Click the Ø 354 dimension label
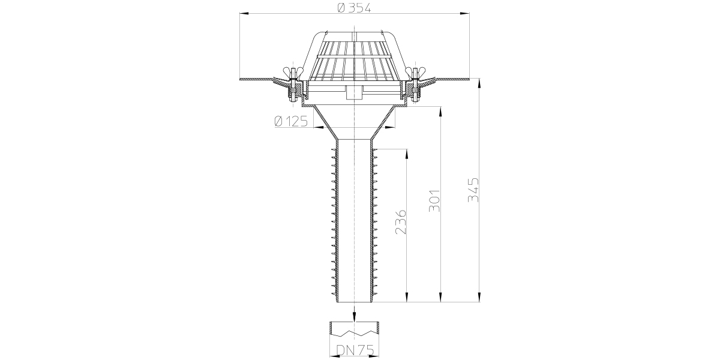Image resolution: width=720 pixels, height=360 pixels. [x=355, y=8]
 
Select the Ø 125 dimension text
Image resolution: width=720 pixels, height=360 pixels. [x=291, y=121]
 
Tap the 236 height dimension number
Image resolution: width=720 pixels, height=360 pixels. [x=401, y=222]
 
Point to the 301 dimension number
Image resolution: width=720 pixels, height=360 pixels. [x=434, y=201]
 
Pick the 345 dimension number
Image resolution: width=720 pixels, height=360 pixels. [x=473, y=190]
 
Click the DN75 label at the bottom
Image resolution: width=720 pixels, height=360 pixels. [x=355, y=350]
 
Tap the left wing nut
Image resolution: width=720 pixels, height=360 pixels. [x=293, y=71]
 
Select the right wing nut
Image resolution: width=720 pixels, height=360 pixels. [x=416, y=71]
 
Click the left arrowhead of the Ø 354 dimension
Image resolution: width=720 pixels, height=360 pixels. [x=244, y=13]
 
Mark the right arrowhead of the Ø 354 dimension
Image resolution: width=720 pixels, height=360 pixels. [x=465, y=13]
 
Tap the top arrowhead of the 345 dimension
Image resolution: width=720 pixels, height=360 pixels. [x=479, y=83]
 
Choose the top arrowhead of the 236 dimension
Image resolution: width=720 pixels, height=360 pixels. [x=407, y=154]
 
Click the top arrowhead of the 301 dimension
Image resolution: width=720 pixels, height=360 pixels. [x=440, y=112]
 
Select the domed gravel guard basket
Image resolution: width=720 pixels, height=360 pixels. [x=354, y=56]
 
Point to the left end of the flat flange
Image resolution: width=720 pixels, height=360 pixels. [x=241, y=79]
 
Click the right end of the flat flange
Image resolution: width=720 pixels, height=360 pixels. [x=469, y=79]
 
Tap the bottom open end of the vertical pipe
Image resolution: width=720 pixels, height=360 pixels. [x=354, y=302]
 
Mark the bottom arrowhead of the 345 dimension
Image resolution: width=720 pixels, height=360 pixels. [x=479, y=298]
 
